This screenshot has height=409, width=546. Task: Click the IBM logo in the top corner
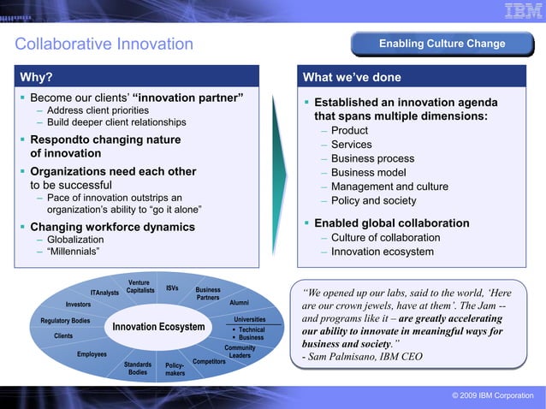point(521,11)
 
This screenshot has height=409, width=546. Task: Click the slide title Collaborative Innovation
point(104,44)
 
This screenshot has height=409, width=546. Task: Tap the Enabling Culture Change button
point(442,44)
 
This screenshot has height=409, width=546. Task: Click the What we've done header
point(352,77)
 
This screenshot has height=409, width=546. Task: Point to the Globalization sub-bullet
point(75,240)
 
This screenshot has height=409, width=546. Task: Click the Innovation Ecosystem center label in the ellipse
point(159,328)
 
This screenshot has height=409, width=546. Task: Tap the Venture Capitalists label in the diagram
point(139,287)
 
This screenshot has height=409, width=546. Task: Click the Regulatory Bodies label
point(65,321)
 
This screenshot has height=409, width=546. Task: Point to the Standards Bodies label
point(138,368)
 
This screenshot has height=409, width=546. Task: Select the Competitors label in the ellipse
point(209,362)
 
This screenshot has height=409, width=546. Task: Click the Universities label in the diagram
point(249,320)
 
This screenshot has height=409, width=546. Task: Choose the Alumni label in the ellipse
point(240,303)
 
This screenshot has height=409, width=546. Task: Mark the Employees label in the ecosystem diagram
point(92,354)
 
